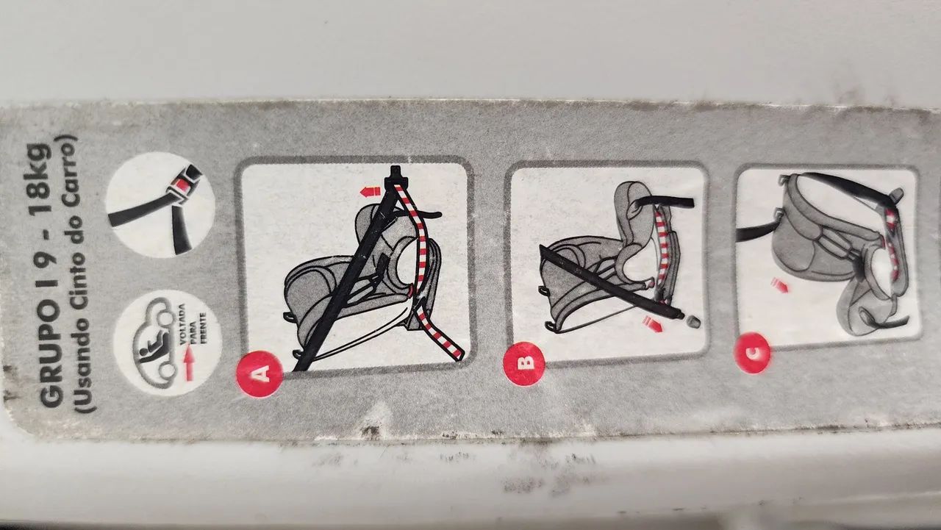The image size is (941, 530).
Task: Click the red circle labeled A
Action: pyautogui.click(x=260, y=373)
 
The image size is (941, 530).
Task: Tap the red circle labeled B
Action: pyautogui.click(x=524, y=363)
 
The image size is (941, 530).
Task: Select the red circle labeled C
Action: pyautogui.click(x=752, y=353)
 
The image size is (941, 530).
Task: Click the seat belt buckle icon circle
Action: pyautogui.click(x=160, y=204)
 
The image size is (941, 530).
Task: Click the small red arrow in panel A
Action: pyautogui.click(x=370, y=192)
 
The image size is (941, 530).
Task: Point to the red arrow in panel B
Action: pyautogui.click(x=652, y=323)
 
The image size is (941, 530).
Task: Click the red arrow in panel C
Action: pyautogui.click(x=780, y=285)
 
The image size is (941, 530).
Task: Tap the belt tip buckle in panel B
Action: pyautogui.click(x=693, y=322)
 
